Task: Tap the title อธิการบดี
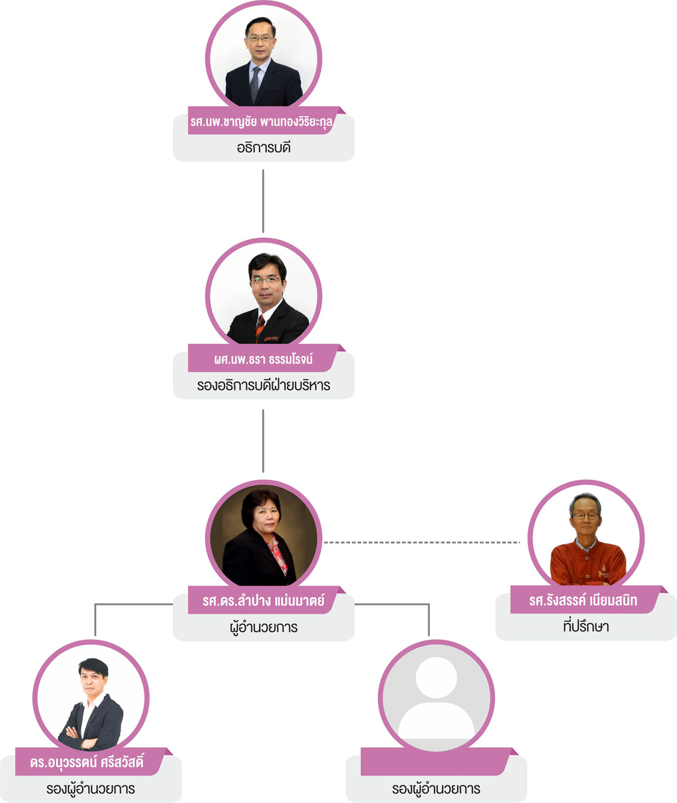pos(263,148)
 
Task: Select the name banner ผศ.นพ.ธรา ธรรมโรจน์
pos(263,359)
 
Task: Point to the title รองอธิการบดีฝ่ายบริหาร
pos(263,386)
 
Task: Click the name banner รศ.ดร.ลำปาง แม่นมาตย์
pos(263,600)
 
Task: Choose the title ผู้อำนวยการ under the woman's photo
pos(263,628)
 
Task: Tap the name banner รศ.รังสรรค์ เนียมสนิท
pos(583,600)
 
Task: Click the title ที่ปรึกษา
pos(586,626)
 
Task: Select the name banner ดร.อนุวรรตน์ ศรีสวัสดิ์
pos(87,762)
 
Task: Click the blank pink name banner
pos(434,762)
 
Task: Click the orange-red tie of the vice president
pos(260,327)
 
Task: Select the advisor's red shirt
pos(587,564)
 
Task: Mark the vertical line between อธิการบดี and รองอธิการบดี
pos(263,200)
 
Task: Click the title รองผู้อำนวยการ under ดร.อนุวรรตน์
pos(91,789)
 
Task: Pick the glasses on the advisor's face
pos(586,516)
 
